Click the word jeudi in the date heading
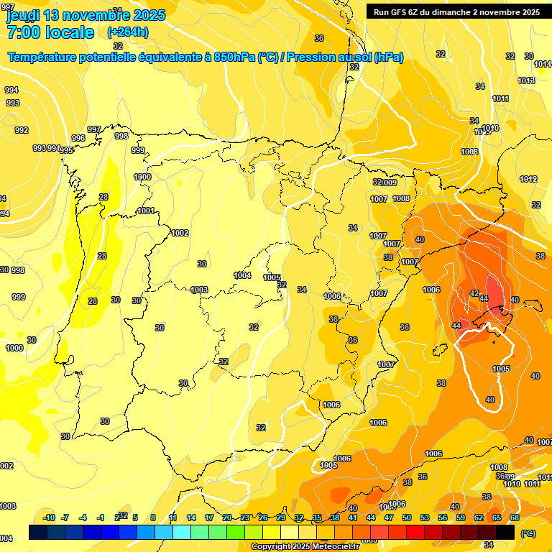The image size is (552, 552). click(x=22, y=15)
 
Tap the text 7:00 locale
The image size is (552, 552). click(x=50, y=32)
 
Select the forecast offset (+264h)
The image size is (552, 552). click(x=129, y=32)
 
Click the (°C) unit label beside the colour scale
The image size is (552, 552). click(x=528, y=533)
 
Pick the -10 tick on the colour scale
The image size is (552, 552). click(x=49, y=517)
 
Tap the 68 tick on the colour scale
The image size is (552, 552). click(x=515, y=517)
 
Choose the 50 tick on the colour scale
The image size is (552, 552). click(x=407, y=517)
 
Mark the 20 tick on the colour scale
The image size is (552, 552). click(x=227, y=517)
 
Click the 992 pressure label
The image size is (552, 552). click(x=22, y=130)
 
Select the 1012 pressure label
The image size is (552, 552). click(x=528, y=179)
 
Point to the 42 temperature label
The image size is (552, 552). click(x=474, y=293)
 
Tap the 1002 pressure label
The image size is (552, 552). click(x=180, y=233)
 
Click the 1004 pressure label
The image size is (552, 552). click(x=243, y=275)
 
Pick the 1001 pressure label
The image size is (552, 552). click(x=146, y=211)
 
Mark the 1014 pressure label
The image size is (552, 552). click(x=543, y=65)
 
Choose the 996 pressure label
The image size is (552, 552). click(x=78, y=138)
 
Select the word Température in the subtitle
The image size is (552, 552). click(x=44, y=57)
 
